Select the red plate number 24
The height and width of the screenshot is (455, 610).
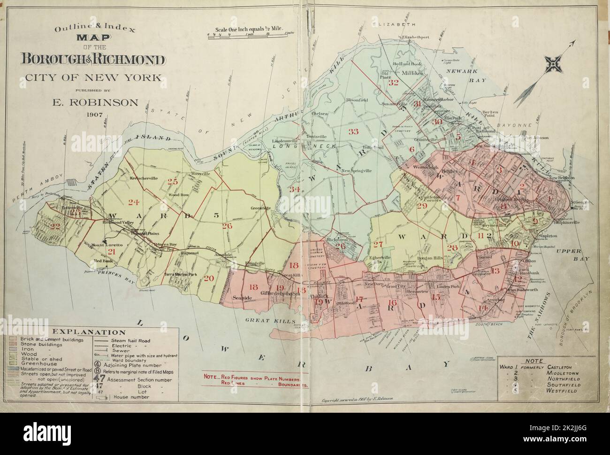point(134,202)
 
